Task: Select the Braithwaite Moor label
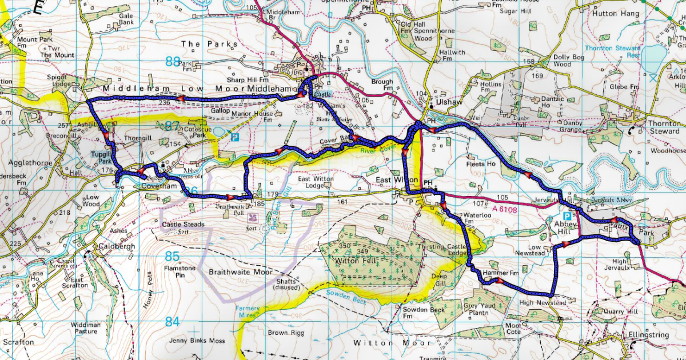tap(240, 273)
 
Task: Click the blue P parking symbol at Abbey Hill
tap(567, 217)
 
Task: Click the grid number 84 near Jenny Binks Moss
tap(173, 322)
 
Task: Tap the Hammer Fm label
tap(496, 273)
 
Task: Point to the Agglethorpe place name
tap(22, 163)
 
